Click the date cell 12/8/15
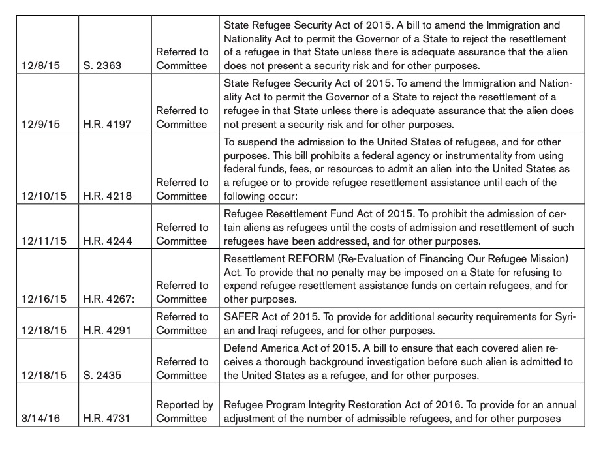tap(38, 66)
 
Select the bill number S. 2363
tap(102, 66)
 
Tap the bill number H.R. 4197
tap(108, 125)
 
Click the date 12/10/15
tap(40, 196)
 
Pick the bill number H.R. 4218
tap(108, 196)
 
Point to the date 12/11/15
tap(40, 241)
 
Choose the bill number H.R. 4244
tap(108, 241)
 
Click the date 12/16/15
tap(40, 299)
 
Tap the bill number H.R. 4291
tap(108, 331)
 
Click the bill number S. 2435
tap(102, 375)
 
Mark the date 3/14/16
tap(38, 418)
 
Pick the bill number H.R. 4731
tap(108, 418)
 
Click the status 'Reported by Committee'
tap(185, 412)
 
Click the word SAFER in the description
tap(240, 316)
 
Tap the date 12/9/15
tap(38, 125)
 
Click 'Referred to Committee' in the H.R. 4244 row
tap(182, 234)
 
